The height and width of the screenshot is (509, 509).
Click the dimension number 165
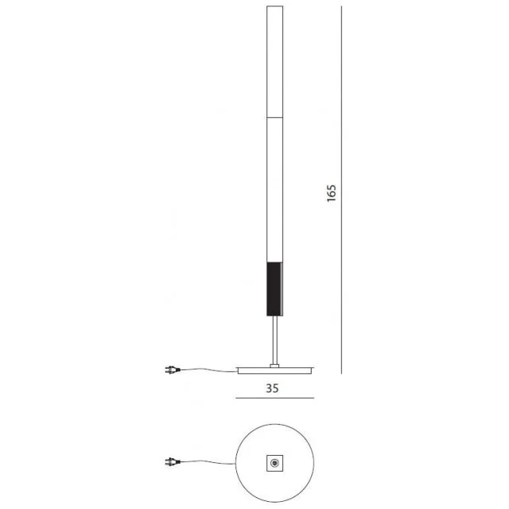[x=331, y=194]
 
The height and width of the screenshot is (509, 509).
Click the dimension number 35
[x=272, y=388]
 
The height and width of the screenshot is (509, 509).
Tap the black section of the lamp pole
[x=275, y=288]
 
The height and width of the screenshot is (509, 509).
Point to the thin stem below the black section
[x=275, y=339]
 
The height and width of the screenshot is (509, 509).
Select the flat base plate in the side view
[x=275, y=370]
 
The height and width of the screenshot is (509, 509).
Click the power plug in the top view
[x=170, y=462]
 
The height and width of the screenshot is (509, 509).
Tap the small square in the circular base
[x=275, y=462]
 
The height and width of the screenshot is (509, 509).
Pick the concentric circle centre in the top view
[x=275, y=462]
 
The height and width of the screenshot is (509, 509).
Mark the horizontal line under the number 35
[x=275, y=397]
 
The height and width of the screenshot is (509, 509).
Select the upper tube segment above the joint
[x=275, y=63]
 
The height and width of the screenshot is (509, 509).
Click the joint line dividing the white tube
[x=275, y=117]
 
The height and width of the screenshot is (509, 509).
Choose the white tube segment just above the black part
[x=275, y=190]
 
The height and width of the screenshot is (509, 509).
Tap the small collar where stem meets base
[x=275, y=365]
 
